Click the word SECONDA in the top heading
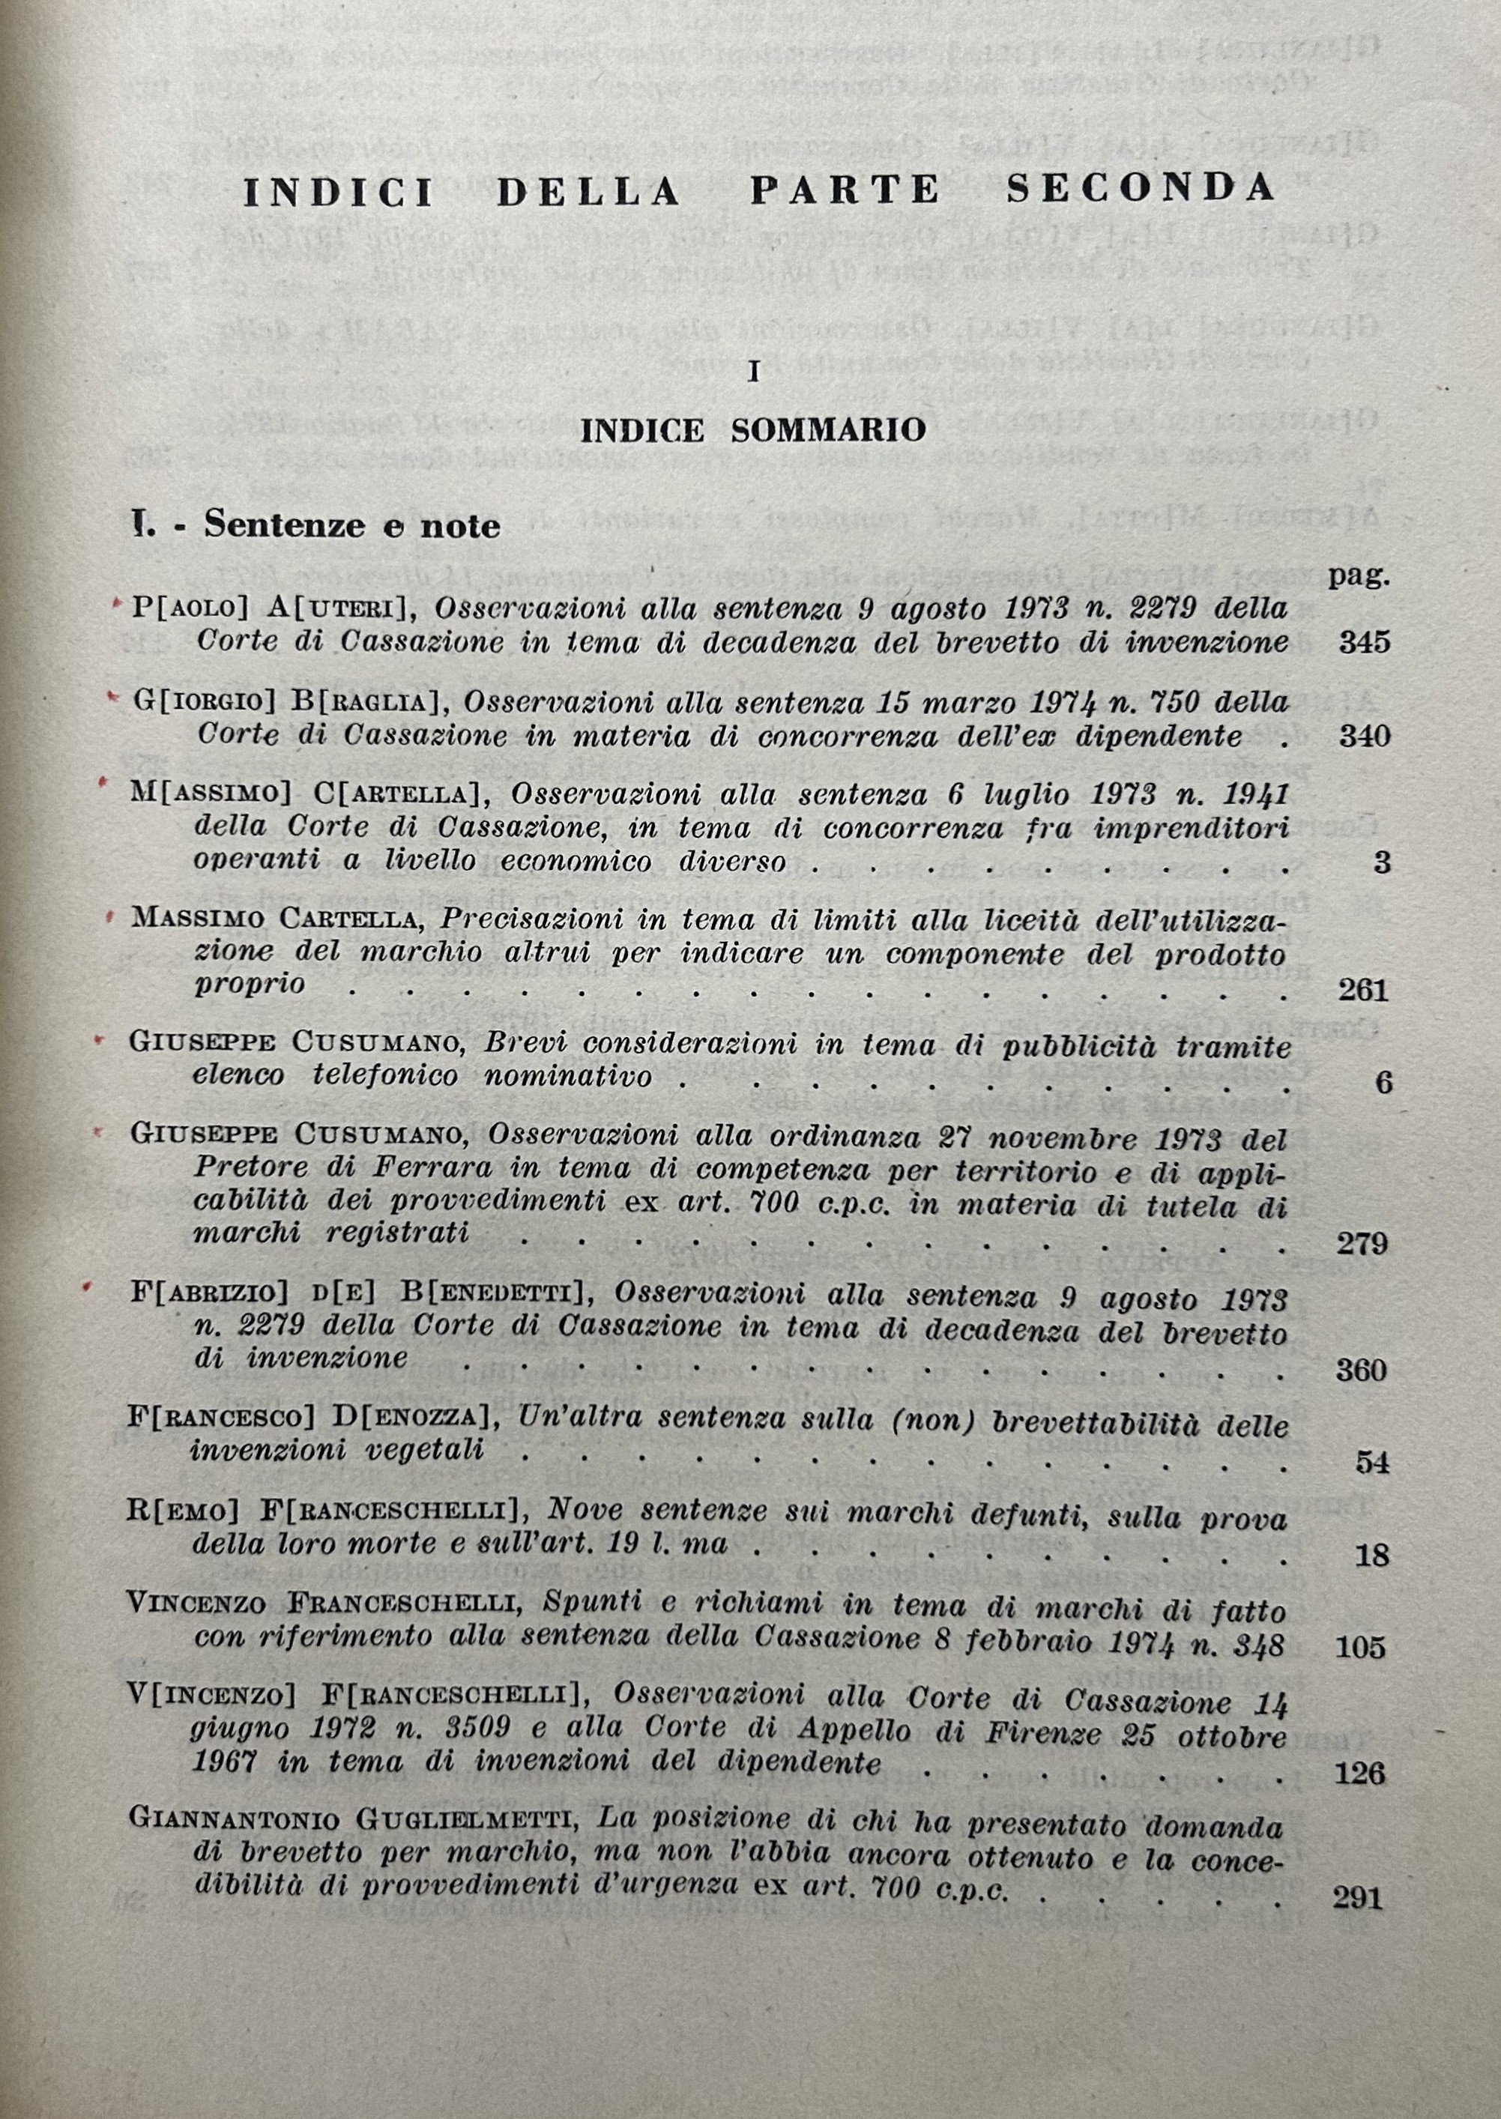[x=1141, y=189]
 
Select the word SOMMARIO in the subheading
[x=828, y=431]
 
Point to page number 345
[x=1364, y=641]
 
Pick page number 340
[x=1364, y=736]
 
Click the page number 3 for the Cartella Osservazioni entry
[x=1382, y=862]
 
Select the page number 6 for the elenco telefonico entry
[x=1383, y=1082]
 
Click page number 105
[x=1361, y=1647]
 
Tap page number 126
[x=1361, y=1773]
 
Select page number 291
[x=1358, y=1898]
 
